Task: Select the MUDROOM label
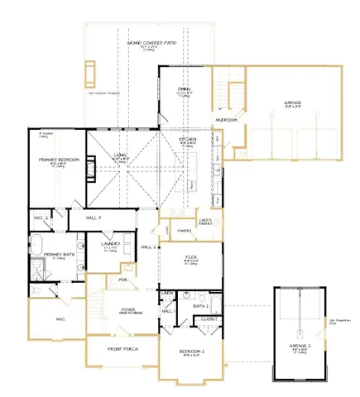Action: click(226, 120)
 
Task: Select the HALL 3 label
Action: click(94, 218)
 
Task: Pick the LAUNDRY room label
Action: click(110, 244)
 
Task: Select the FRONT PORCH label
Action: click(123, 349)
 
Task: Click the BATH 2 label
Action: click(199, 305)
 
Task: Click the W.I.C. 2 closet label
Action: click(41, 218)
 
